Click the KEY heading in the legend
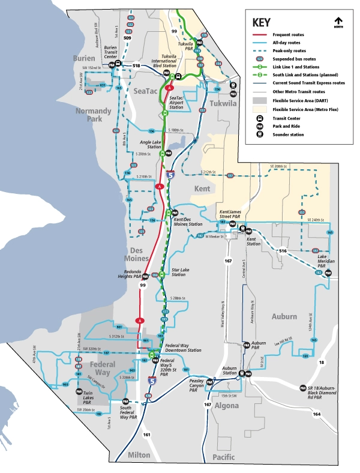pos(262,23)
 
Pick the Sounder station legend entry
pos(288,134)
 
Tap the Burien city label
pos(84,58)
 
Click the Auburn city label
pos(284,316)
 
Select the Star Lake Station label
pos(179,272)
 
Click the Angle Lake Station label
pos(150,145)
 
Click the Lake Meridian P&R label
pos(326,259)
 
